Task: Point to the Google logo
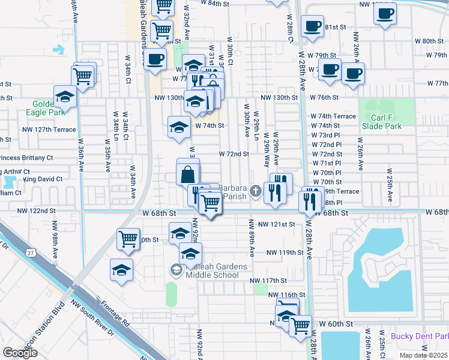pos(20,353)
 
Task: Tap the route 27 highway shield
pos(29,254)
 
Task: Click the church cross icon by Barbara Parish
pos(256,191)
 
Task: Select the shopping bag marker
pos(188,175)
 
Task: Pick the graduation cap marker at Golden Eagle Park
pos(65,96)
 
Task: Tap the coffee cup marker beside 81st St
pos(312,26)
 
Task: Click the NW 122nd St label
pos(36,211)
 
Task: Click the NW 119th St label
pos(286,252)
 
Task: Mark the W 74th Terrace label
pos(333,116)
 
